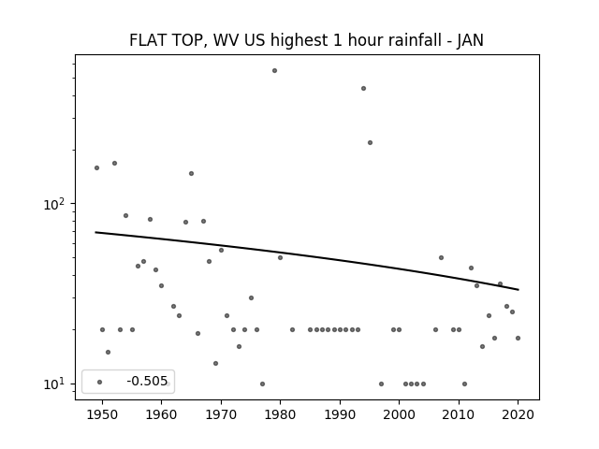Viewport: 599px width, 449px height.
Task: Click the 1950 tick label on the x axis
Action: click(x=102, y=414)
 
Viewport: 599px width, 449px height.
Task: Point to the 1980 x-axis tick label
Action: click(x=280, y=414)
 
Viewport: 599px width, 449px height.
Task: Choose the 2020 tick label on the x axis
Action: click(x=518, y=414)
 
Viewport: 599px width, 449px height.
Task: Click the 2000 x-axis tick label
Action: click(x=400, y=414)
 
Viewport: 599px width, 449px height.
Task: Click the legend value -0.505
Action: click(x=147, y=381)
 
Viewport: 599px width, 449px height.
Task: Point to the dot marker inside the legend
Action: click(x=100, y=382)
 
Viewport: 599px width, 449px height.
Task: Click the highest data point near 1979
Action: click(x=274, y=71)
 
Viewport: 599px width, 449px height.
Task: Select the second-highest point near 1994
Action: click(x=364, y=89)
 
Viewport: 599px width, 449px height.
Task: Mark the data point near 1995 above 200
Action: click(x=371, y=143)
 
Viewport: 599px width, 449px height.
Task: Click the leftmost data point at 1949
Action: click(x=96, y=168)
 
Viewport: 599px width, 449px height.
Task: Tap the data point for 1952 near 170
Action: click(x=114, y=164)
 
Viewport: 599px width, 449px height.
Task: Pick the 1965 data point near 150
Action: click(x=191, y=174)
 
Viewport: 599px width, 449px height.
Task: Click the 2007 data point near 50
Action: click(x=441, y=258)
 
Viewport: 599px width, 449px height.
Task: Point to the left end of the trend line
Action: click(x=95, y=232)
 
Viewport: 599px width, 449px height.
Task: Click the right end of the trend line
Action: click(x=519, y=290)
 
